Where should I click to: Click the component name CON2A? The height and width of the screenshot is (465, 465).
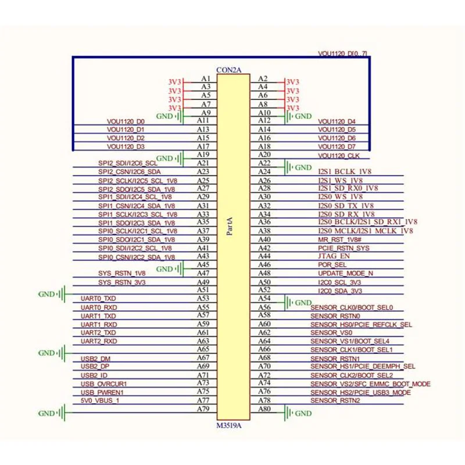tap(228, 70)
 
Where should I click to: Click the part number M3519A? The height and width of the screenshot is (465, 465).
tap(228, 425)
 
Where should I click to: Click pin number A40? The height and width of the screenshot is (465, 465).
tap(264, 239)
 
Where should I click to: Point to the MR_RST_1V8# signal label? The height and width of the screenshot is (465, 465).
tap(340, 239)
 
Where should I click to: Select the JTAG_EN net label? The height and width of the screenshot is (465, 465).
tap(334, 256)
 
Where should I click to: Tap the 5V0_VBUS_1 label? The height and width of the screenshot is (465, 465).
tap(100, 400)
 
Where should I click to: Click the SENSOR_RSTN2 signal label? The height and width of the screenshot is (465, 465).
tap(335, 400)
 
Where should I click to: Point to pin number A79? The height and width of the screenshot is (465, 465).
tap(203, 409)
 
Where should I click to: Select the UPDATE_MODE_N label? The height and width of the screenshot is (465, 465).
tap(345, 273)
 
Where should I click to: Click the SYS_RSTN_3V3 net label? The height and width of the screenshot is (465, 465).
tap(122, 282)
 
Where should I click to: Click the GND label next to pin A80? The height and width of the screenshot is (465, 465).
tap(303, 414)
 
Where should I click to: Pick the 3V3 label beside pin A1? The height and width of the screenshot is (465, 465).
tap(175, 82)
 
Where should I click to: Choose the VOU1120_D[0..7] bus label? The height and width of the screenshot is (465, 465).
tap(342, 54)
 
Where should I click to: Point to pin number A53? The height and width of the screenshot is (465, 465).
tap(203, 298)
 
